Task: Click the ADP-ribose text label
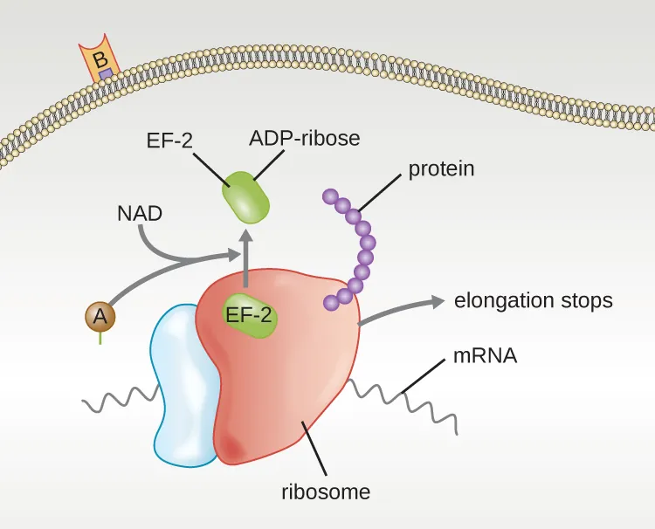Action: click(x=304, y=138)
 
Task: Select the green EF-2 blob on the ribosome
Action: click(x=251, y=316)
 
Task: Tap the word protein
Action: click(x=441, y=168)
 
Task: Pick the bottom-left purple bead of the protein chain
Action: click(x=332, y=303)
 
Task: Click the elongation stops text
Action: click(x=534, y=301)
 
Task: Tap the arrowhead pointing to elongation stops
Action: click(x=434, y=301)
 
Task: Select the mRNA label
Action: click(x=486, y=356)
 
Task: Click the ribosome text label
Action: click(x=325, y=491)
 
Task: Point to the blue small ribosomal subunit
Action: click(x=182, y=384)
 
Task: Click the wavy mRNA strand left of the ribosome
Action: click(x=118, y=402)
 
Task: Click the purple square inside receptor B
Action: click(x=104, y=75)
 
